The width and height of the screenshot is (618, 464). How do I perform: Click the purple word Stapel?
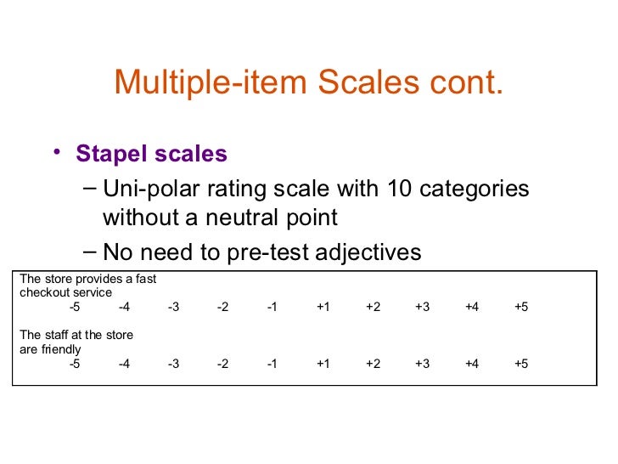(106, 154)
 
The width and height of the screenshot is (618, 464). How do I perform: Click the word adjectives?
(374, 252)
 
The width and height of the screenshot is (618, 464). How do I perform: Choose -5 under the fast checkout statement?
(75, 307)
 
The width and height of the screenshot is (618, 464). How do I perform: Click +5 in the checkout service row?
(521, 307)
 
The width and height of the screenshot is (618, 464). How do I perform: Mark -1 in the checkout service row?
(272, 307)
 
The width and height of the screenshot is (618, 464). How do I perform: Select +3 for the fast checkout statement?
(422, 307)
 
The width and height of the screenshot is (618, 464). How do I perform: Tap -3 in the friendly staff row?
(173, 364)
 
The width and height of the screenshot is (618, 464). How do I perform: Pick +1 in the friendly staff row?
(323, 364)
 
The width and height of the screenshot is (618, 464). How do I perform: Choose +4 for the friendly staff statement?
(472, 364)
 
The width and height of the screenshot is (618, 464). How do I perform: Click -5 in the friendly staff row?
(75, 364)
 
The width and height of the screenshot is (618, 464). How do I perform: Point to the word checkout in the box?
(41, 292)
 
